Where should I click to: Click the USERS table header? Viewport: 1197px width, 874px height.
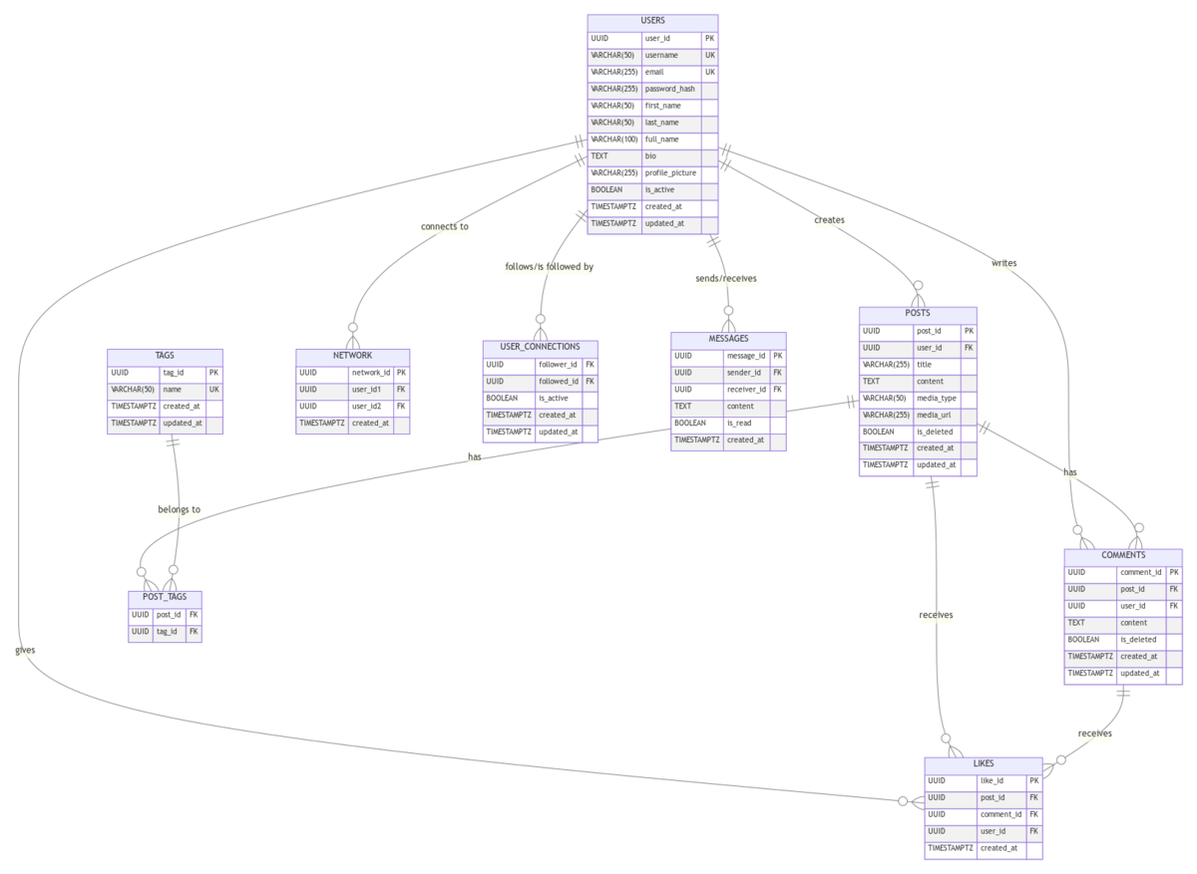[x=652, y=20]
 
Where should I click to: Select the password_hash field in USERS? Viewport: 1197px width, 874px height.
[x=669, y=89]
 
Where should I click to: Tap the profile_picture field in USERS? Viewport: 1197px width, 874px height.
[x=670, y=173]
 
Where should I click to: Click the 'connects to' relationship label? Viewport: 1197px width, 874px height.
[x=444, y=227]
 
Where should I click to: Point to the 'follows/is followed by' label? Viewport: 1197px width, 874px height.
[x=550, y=267]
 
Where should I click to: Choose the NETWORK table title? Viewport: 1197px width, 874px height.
[x=352, y=356]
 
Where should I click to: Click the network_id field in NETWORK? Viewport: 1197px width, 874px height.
[x=370, y=373]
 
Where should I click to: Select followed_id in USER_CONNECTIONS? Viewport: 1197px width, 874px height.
[x=558, y=382]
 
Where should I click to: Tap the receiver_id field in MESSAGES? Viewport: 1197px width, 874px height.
[x=746, y=390]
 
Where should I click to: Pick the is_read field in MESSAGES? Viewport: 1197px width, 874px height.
[x=739, y=424]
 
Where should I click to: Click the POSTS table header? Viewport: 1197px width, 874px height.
[x=918, y=314]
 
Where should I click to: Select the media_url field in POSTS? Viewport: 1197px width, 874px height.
[x=936, y=416]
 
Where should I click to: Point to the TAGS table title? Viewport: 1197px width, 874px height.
[x=165, y=356]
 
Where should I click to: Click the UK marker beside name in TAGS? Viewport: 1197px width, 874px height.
[x=213, y=390]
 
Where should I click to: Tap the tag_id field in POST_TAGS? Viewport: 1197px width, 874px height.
[x=167, y=632]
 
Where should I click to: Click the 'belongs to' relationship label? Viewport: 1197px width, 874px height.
[x=180, y=510]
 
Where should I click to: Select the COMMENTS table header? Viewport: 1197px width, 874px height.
[x=1123, y=555]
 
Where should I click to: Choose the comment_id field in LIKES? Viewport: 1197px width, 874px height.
[x=1000, y=814]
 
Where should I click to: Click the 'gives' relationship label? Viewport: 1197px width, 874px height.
[x=25, y=651]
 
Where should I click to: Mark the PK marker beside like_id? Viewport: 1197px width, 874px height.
[x=1034, y=781]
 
